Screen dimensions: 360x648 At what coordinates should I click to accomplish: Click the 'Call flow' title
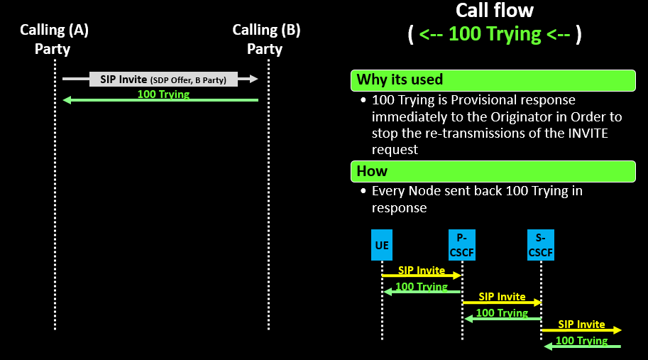(x=494, y=11)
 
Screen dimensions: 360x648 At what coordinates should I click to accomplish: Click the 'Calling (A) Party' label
(x=54, y=40)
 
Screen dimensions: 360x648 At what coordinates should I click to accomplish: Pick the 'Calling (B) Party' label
(x=265, y=40)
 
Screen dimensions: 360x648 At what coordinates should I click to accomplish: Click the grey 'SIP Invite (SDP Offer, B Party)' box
(x=163, y=80)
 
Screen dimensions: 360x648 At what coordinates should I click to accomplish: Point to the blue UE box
(x=382, y=245)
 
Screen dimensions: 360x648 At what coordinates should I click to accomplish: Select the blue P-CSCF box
(x=461, y=245)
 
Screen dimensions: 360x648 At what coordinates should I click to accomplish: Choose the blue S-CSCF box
(x=541, y=245)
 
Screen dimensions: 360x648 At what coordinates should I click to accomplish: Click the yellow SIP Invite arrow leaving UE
(x=422, y=275)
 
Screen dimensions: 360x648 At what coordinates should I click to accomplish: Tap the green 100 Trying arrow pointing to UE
(x=422, y=291)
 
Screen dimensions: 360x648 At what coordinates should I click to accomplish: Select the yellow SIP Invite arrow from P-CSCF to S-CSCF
(x=502, y=302)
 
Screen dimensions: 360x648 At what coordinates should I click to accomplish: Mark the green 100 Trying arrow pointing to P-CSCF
(x=502, y=318)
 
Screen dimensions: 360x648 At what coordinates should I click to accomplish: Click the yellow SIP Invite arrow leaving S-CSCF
(x=581, y=329)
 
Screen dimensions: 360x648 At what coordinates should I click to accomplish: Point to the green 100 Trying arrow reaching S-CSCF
(x=581, y=346)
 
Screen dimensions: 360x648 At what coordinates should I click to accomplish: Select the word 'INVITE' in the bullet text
(x=590, y=133)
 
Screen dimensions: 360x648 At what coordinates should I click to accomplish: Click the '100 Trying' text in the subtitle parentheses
(x=495, y=34)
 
